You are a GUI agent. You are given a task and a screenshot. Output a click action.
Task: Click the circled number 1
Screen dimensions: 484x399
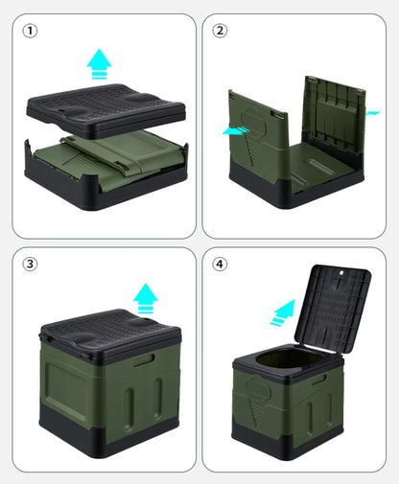tap(32, 31)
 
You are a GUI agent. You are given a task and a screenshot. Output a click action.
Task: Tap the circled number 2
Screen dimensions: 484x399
tap(222, 31)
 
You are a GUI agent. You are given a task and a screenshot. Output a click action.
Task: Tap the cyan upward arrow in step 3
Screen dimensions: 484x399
tap(145, 298)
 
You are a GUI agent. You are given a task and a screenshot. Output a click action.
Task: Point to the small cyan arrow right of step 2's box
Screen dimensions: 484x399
tap(372, 113)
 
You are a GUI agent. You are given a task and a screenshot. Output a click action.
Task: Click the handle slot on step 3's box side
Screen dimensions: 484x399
tap(146, 360)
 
